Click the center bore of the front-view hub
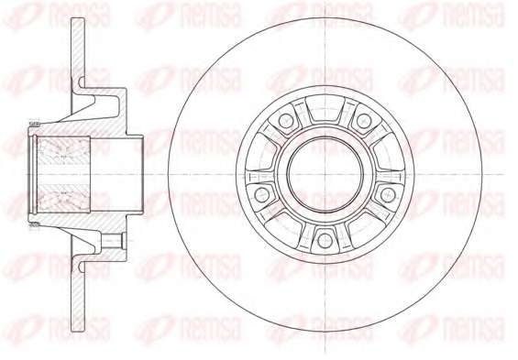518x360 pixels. [325, 174]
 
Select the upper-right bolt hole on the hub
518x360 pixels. [363, 120]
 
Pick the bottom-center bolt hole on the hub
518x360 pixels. [325, 241]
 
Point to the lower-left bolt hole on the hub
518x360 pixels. [261, 195]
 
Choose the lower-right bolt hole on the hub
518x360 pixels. [387, 195]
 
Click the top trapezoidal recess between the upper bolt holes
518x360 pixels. [325, 108]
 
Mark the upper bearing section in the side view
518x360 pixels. [63, 150]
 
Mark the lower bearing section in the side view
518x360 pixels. [63, 198]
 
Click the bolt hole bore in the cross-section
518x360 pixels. [113, 241]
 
